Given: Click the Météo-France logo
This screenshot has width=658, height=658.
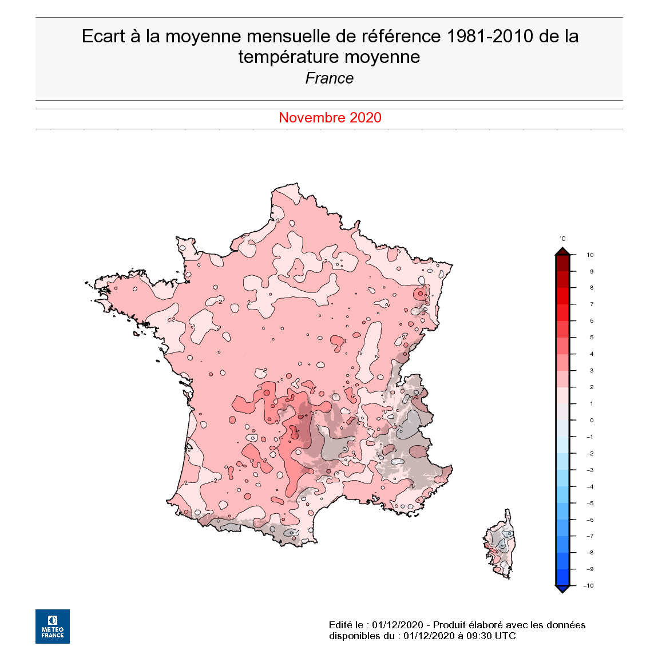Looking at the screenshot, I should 53,626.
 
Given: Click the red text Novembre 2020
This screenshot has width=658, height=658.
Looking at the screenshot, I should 330,117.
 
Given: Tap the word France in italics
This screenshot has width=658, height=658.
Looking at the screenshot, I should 329,78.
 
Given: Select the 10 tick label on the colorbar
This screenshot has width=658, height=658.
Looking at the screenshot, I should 590,255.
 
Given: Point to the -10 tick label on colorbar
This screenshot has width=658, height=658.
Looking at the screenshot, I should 588,585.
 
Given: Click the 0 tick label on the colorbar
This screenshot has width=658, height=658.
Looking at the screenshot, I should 592,420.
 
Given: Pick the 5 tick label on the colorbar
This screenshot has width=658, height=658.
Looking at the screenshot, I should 592,337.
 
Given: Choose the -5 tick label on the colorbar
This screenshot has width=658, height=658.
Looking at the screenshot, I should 590,503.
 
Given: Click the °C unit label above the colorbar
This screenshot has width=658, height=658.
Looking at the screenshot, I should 562,239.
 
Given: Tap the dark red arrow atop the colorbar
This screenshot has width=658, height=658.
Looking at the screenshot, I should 562,251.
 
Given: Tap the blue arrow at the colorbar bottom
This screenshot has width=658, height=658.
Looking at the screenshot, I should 562,589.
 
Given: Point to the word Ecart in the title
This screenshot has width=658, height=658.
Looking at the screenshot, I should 103,36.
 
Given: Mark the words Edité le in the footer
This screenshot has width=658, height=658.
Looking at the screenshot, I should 346,624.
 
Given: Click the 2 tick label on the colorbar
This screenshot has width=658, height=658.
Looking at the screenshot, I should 592,387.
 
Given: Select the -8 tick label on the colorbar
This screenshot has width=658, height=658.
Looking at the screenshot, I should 590,552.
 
